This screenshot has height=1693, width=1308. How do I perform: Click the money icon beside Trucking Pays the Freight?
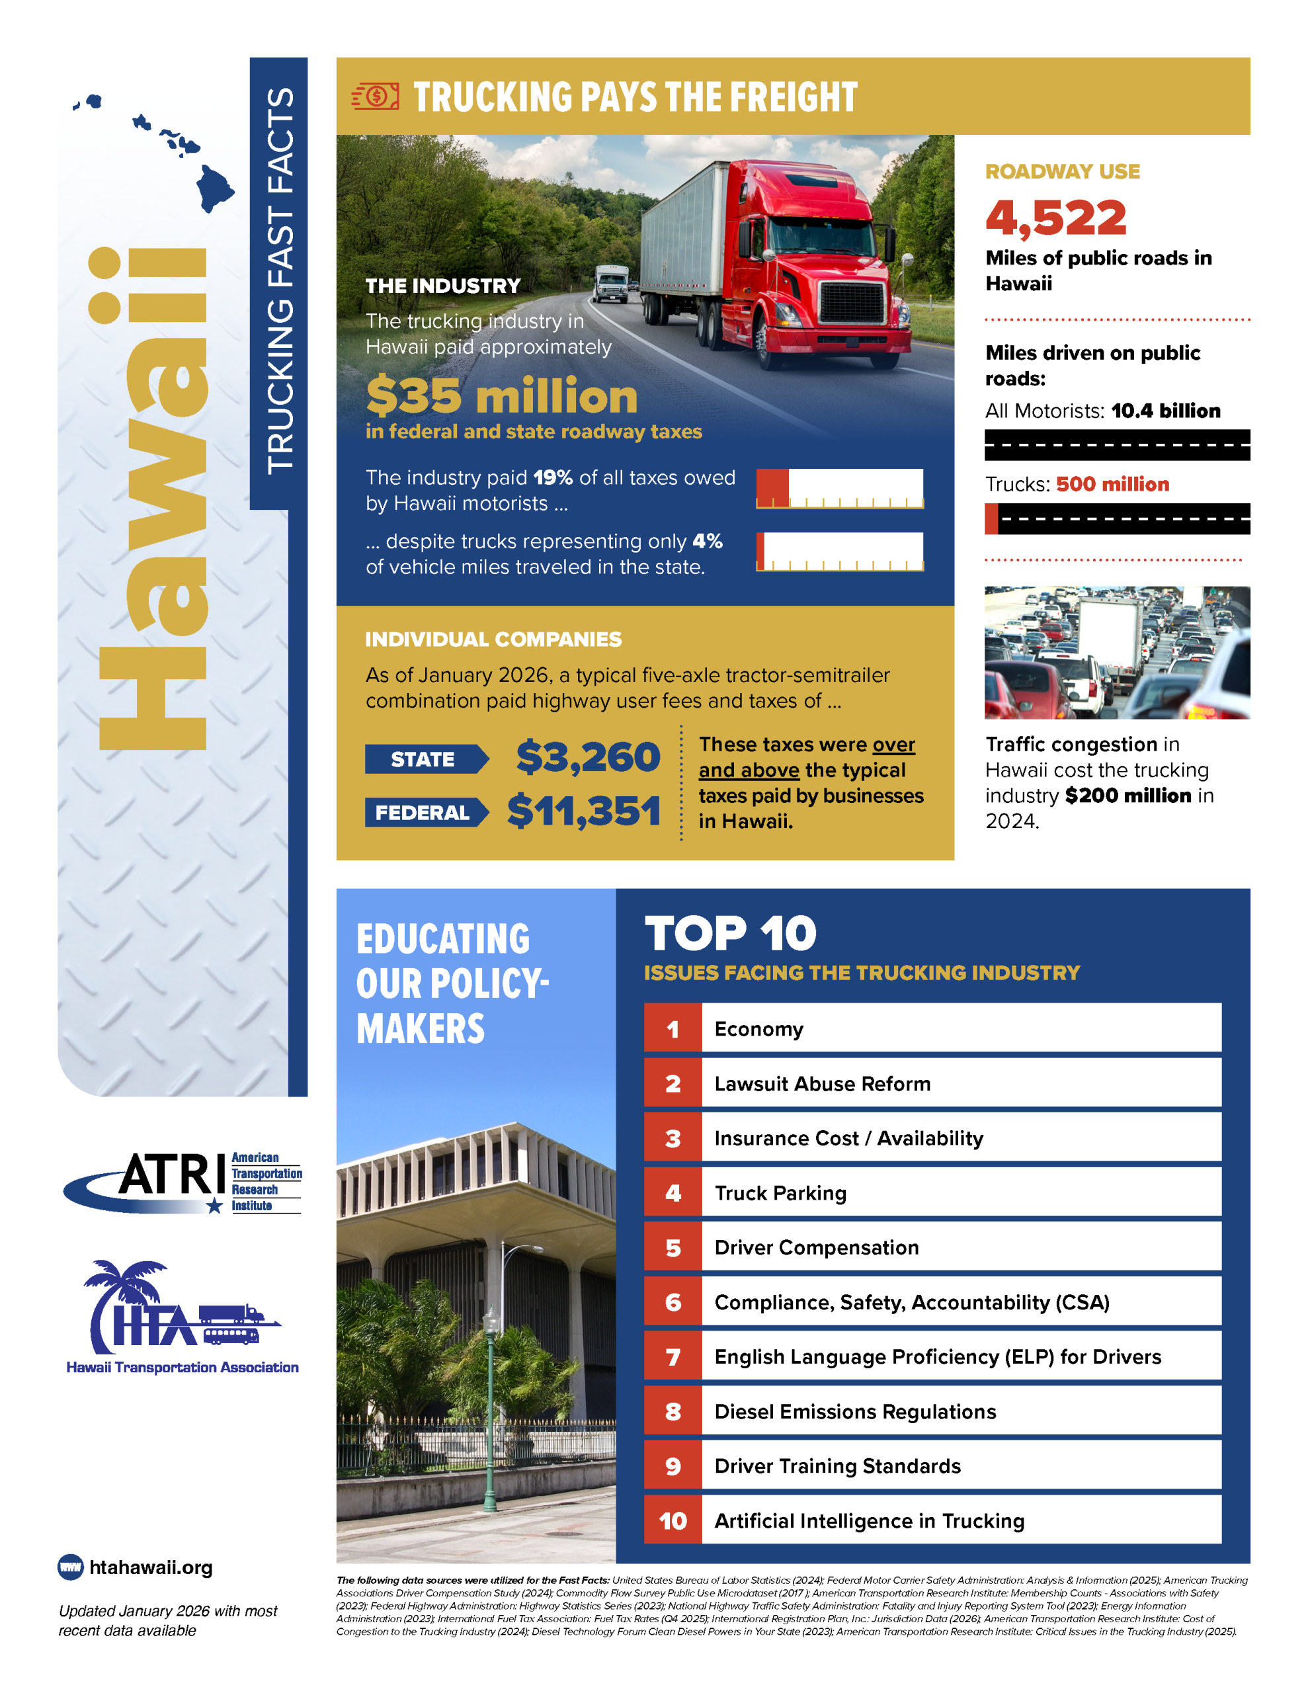(x=375, y=96)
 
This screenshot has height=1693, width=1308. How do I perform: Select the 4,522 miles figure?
(x=1055, y=218)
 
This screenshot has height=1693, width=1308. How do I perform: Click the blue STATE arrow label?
(x=425, y=759)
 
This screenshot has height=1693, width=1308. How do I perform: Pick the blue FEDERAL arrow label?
(x=425, y=811)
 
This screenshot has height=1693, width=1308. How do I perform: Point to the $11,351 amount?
(x=583, y=811)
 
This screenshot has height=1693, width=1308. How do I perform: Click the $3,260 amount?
(x=588, y=757)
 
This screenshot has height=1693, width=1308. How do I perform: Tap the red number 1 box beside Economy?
(x=673, y=1028)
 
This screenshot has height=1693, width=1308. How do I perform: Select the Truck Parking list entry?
(x=780, y=1192)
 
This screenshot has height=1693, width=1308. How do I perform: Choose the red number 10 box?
(x=673, y=1521)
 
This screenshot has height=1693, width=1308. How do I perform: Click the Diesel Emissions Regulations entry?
(x=854, y=1412)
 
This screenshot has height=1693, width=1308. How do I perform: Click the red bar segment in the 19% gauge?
(x=772, y=487)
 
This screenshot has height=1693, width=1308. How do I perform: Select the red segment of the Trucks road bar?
(x=991, y=518)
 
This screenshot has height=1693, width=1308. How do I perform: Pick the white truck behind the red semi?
(x=611, y=283)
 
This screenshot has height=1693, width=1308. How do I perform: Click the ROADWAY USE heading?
(x=1062, y=171)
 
